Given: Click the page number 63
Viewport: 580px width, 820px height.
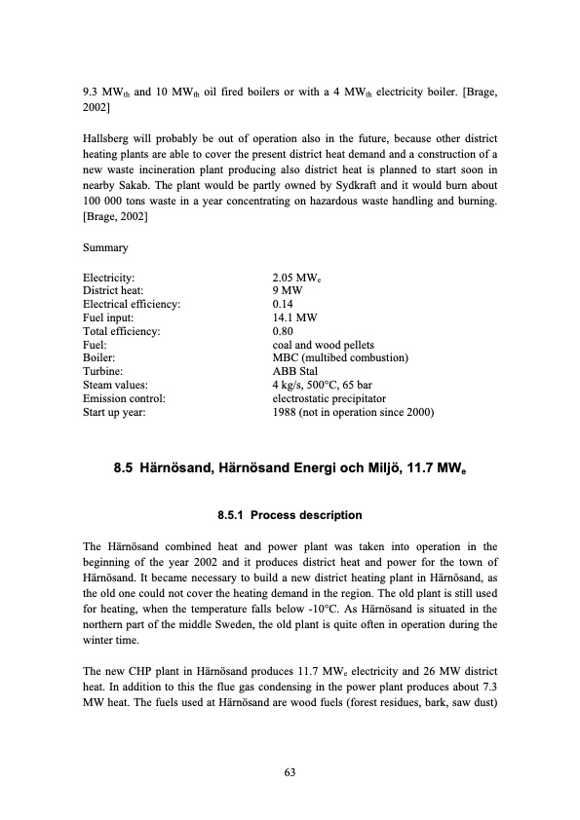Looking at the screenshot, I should [290, 772].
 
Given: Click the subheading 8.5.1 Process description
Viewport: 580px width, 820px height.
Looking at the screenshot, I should [290, 515].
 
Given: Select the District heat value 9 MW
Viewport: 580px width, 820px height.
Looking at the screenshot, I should [289, 290].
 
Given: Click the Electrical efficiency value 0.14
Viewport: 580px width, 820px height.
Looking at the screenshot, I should [284, 304].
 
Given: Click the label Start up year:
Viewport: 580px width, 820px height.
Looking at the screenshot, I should [115, 412].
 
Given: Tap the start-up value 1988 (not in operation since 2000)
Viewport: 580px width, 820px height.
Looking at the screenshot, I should [354, 412].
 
